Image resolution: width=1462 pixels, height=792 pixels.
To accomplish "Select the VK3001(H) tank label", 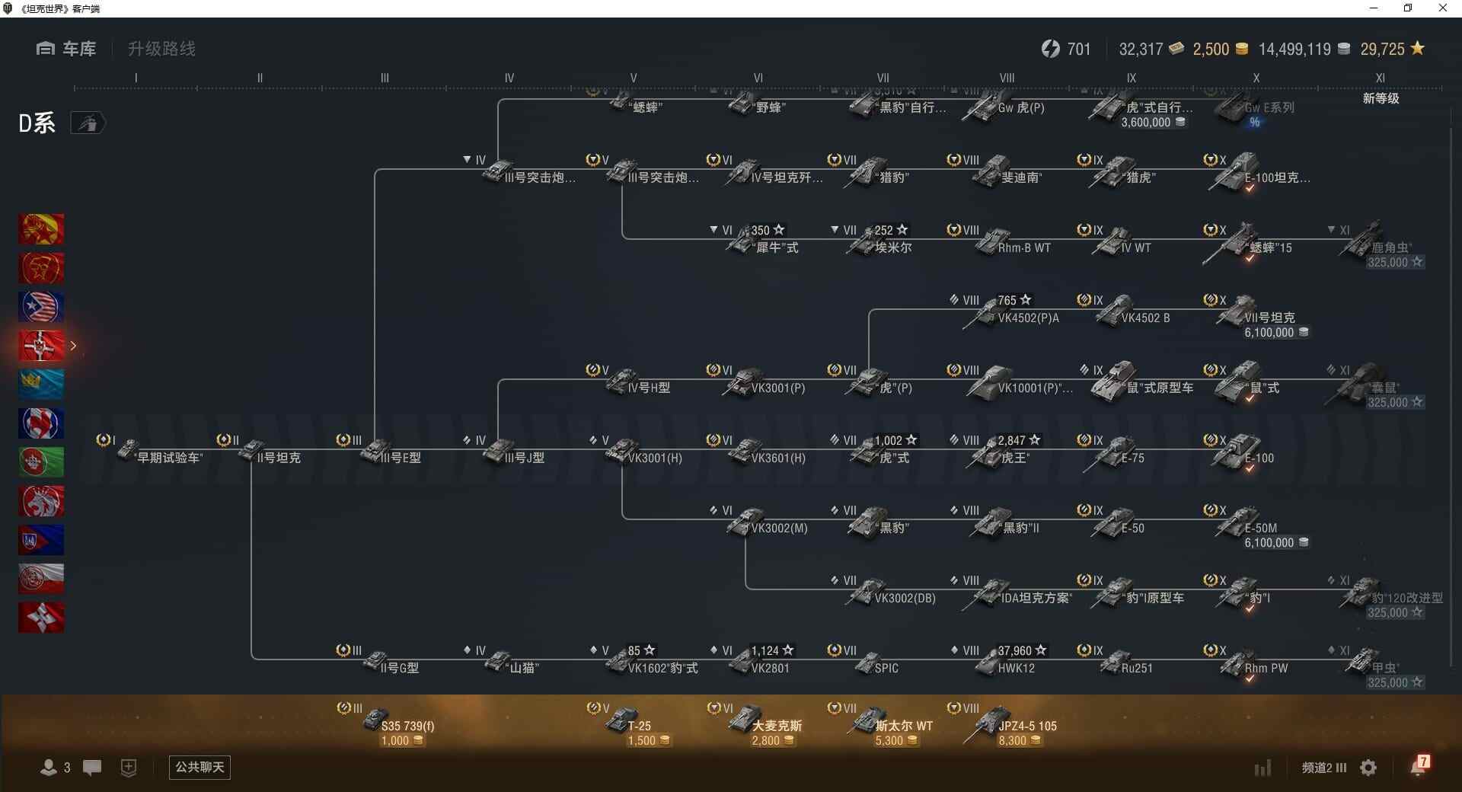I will point(655,458).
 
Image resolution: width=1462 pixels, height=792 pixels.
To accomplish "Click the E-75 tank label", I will point(1132,458).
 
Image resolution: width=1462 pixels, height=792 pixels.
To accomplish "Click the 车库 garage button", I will point(66,49).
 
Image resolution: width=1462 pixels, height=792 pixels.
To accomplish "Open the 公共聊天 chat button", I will point(200,767).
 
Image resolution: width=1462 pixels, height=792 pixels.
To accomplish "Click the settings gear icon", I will point(1368,768).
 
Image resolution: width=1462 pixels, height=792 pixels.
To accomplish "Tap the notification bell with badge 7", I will point(1419,766).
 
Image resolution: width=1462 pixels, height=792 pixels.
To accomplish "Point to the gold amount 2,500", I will point(1211,49).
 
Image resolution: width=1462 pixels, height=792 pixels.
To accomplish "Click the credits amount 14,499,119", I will point(1294,49).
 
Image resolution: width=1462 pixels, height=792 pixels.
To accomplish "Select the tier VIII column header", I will point(1007,78).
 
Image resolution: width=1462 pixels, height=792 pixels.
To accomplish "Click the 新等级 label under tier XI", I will point(1381,98).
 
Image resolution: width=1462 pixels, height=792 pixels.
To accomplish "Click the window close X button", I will point(1442,8).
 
